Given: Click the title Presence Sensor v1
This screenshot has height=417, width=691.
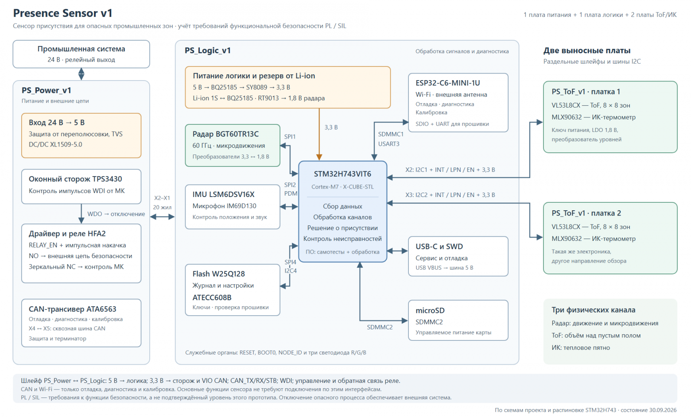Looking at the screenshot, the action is coord(62,13).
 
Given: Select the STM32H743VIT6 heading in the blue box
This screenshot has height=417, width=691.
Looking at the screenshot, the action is coord(342,174).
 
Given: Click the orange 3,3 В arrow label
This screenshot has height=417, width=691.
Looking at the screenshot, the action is coord(331,127).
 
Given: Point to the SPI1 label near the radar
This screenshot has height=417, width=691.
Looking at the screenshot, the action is coord(290,136).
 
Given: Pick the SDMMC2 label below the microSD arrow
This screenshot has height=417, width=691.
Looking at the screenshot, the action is coord(380,327).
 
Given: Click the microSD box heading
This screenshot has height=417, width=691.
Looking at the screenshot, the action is coord(430,310).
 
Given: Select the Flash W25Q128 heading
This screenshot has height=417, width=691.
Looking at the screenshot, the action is coord(218,274).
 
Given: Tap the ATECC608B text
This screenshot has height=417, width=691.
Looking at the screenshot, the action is coord(212,297).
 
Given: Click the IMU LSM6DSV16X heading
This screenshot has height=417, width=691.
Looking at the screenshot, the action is coord(223,194).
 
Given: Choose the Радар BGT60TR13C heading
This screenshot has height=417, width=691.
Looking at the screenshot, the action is coord(225,134).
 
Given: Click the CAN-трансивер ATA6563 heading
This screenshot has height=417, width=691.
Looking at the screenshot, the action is coord(73,309).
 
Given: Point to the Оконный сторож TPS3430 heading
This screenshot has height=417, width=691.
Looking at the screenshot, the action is coord(75,179).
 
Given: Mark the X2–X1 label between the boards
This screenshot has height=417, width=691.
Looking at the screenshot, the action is coord(162,198).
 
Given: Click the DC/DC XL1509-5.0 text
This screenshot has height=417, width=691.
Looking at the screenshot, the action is coord(55,145).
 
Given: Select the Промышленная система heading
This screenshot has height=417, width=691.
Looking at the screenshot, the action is coord(81,49).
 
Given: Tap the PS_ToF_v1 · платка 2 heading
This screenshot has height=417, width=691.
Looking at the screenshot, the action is coord(586,213).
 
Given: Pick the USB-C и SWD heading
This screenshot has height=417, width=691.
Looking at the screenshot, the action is coord(439,247).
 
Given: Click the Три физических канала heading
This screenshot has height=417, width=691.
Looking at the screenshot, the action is coord(593,310).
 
